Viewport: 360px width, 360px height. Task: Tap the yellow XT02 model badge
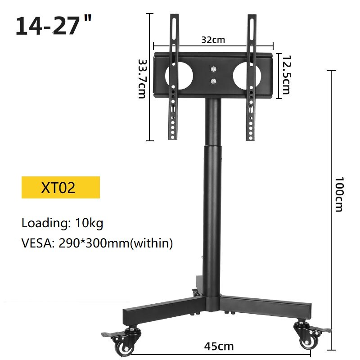(x=61, y=187)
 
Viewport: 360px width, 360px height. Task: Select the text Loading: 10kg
(x=63, y=222)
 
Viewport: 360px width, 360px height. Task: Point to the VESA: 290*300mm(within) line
(x=97, y=243)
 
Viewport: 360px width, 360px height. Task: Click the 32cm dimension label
(x=213, y=40)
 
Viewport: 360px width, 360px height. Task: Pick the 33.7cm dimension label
(x=142, y=79)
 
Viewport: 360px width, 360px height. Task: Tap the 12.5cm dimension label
(x=286, y=74)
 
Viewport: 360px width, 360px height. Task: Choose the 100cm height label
(x=339, y=193)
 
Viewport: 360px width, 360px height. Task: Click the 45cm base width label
(x=219, y=346)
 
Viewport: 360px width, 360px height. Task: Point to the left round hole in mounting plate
(x=179, y=74)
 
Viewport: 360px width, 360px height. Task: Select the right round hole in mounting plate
(x=247, y=74)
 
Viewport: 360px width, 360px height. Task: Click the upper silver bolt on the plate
(x=213, y=69)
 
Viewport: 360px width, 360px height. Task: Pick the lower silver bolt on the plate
(x=213, y=81)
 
